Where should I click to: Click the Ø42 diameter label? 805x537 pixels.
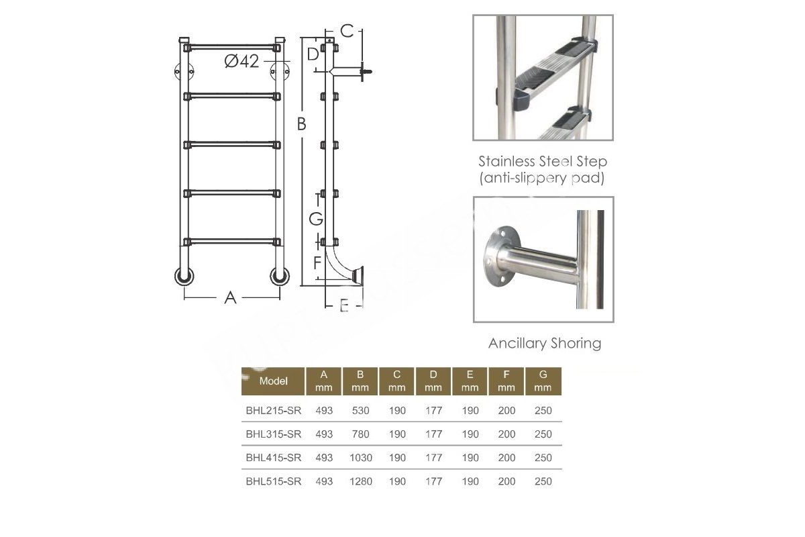(241, 61)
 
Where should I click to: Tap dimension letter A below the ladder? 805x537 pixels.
(230, 298)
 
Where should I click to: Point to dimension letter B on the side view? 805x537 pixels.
(301, 124)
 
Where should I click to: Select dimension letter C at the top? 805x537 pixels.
(347, 31)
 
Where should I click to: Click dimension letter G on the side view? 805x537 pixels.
(316, 219)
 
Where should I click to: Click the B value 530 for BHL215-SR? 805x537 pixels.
(360, 410)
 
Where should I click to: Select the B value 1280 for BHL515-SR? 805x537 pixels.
(360, 481)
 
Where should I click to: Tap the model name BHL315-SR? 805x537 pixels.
(274, 434)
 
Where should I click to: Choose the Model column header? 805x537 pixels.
(273, 381)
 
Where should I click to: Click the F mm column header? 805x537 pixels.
(506, 381)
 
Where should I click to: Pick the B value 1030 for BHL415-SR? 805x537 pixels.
(360, 458)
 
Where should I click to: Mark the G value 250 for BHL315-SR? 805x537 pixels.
(543, 434)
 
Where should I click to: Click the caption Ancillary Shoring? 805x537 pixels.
(545, 343)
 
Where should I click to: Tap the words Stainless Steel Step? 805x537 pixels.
(543, 161)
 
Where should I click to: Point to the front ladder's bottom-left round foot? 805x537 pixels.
(184, 277)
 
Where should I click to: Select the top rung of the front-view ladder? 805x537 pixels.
(232, 48)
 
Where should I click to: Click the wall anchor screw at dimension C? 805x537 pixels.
(366, 72)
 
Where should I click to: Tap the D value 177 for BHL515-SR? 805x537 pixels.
(433, 481)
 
